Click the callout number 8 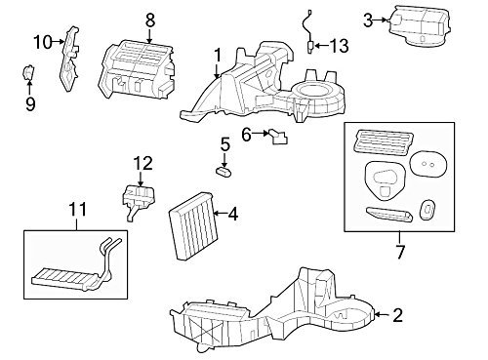pyautogui.click(x=149, y=20)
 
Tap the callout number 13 pyautogui.click(x=339, y=46)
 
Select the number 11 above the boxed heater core pyautogui.click(x=78, y=210)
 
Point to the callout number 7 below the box pyautogui.click(x=400, y=252)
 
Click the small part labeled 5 pyautogui.click(x=224, y=171)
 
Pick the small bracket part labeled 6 pyautogui.click(x=277, y=136)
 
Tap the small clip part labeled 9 pyautogui.click(x=28, y=73)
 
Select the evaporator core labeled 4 pyautogui.click(x=191, y=226)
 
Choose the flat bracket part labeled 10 pyautogui.click(x=69, y=59)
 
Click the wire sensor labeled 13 pyautogui.click(x=308, y=31)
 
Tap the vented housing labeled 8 pyautogui.click(x=137, y=69)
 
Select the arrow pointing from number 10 pyautogui.click(x=60, y=41)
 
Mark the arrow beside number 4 pyautogui.click(x=222, y=214)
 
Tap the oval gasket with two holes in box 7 pyautogui.click(x=427, y=164)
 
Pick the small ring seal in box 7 pyautogui.click(x=427, y=210)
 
